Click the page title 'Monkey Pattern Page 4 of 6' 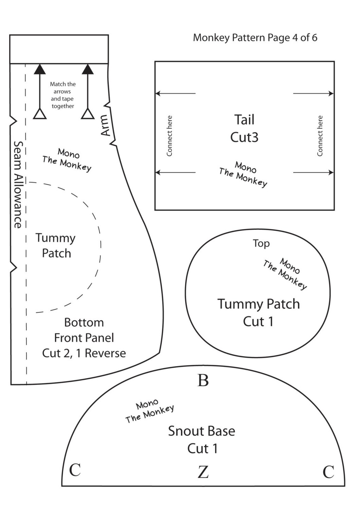[255, 38]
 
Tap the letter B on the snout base [203, 381]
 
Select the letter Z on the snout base [203, 472]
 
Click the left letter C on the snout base [75, 470]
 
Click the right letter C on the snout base [328, 472]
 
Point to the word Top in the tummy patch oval [261, 243]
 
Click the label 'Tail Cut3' [244, 128]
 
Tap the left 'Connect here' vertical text [170, 136]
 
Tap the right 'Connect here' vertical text [320, 136]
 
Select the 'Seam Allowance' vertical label [18, 184]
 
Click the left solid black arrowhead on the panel [40, 69]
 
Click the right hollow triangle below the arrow [87, 114]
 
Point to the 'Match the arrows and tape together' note [63, 95]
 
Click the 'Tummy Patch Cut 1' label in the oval [258, 312]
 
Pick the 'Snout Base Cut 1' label [201, 440]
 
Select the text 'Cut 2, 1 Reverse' [84, 353]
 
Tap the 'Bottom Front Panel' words [84, 330]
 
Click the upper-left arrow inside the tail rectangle [175, 93]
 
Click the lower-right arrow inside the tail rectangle [314, 172]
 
